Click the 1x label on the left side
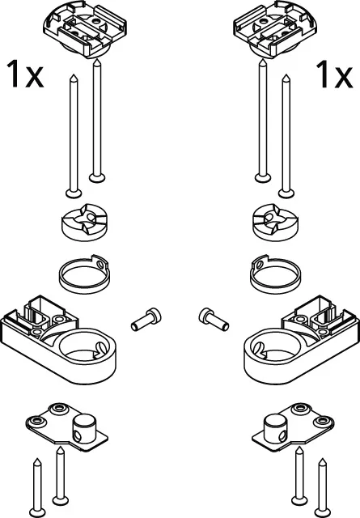[25, 74]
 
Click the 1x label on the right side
[334, 74]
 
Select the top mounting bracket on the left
[85, 29]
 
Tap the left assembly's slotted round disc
[85, 223]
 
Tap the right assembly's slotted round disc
[275, 223]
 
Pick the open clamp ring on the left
[84, 274]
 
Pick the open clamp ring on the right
[275, 274]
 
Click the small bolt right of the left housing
[146, 319]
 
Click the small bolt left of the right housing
[214, 319]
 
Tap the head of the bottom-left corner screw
[37, 512]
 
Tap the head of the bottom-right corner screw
[323, 512]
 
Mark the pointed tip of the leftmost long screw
[74, 75]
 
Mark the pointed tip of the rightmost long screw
[286, 75]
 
